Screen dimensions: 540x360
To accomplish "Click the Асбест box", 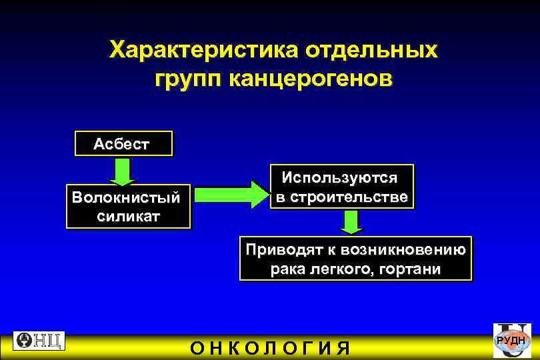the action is (122, 143).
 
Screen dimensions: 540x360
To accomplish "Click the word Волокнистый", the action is (127, 198).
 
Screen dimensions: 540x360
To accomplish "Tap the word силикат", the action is (127, 217).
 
